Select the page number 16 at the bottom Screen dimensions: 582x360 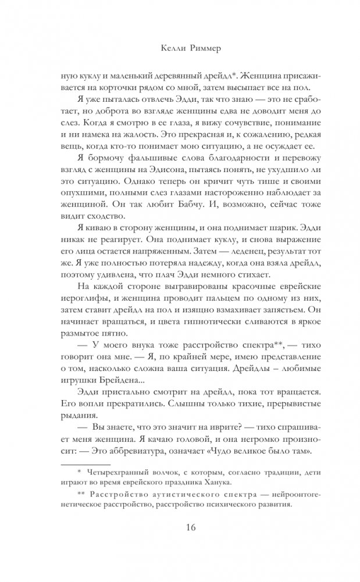point(180,528)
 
